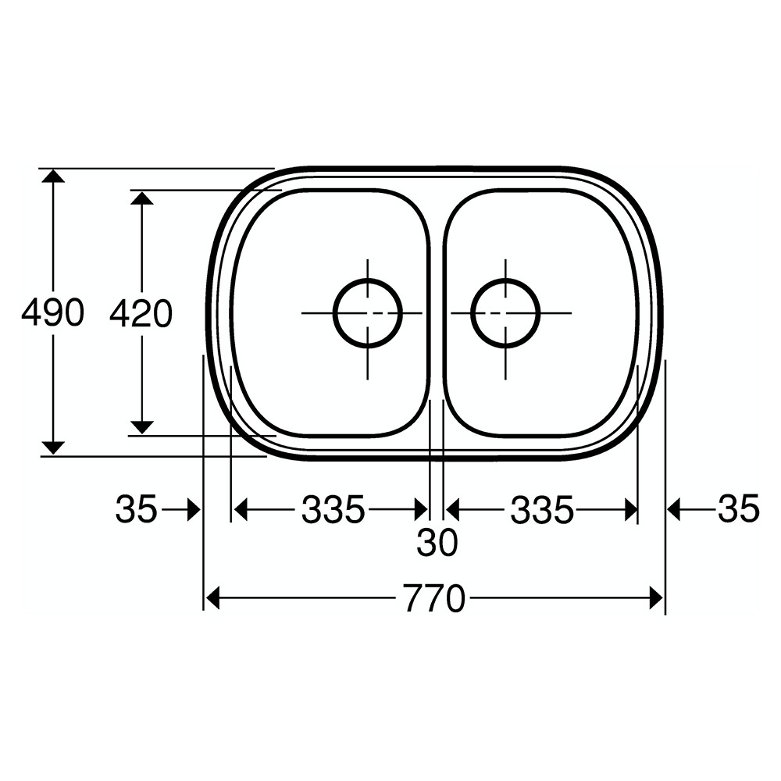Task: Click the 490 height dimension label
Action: pos(52,313)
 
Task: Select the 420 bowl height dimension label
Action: pos(141,314)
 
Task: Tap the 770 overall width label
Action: pos(435,600)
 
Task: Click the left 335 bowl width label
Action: pos(333,511)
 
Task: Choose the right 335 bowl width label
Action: pos(542,511)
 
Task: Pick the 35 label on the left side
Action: pos(137,510)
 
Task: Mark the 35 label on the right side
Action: pos(738,510)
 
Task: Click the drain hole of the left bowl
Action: pos(367,312)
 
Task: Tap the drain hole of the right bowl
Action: pos(505,312)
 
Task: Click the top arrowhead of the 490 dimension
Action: pos(53,176)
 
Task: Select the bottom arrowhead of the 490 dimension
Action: pos(53,448)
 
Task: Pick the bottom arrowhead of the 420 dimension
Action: pos(141,426)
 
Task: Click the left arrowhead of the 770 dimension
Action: pos(212,600)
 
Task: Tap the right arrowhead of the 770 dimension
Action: pos(656,600)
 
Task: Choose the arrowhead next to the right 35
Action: pos(675,511)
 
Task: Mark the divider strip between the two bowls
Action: pos(437,312)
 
